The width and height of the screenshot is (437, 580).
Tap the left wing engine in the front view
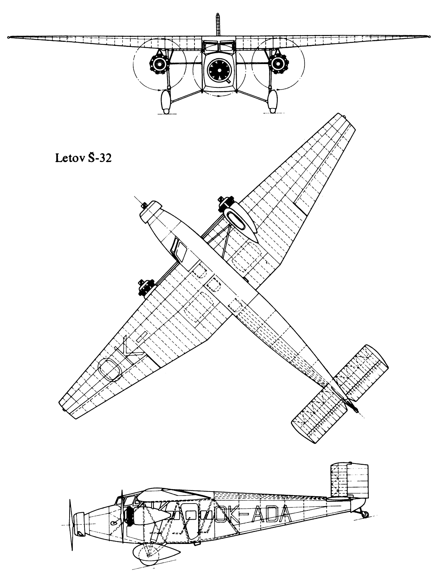point(160,63)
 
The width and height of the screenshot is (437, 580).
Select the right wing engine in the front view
point(278,63)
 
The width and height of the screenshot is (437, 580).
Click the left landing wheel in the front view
point(166,102)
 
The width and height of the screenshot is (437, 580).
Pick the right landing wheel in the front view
point(272,102)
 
